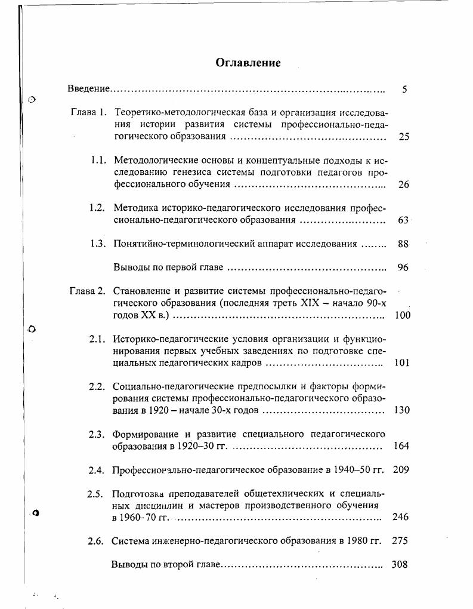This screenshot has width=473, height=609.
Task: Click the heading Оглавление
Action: pyautogui.click(x=248, y=63)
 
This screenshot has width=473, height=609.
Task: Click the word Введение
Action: pyautogui.click(x=89, y=89)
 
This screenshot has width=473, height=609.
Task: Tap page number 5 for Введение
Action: pyautogui.click(x=404, y=90)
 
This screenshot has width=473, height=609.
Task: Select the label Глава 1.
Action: pyautogui.click(x=88, y=112)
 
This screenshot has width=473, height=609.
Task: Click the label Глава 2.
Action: pyautogui.click(x=87, y=291)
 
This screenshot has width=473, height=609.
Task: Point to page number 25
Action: pyautogui.click(x=404, y=137)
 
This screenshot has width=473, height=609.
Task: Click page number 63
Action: pyautogui.click(x=403, y=220)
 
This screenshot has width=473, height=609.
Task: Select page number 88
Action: pyautogui.click(x=403, y=244)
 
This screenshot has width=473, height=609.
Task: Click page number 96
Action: pyautogui.click(x=403, y=267)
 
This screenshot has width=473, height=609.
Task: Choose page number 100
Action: pyautogui.click(x=403, y=315)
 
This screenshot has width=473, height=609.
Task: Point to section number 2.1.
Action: pyautogui.click(x=97, y=339)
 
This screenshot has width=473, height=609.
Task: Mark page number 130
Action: pyautogui.click(x=402, y=410)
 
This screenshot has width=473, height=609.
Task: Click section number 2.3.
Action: pyautogui.click(x=97, y=434)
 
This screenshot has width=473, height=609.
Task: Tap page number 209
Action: pyautogui.click(x=401, y=470)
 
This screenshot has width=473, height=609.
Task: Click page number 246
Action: pyautogui.click(x=401, y=517)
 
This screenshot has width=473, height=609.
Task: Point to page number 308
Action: pyautogui.click(x=400, y=564)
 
